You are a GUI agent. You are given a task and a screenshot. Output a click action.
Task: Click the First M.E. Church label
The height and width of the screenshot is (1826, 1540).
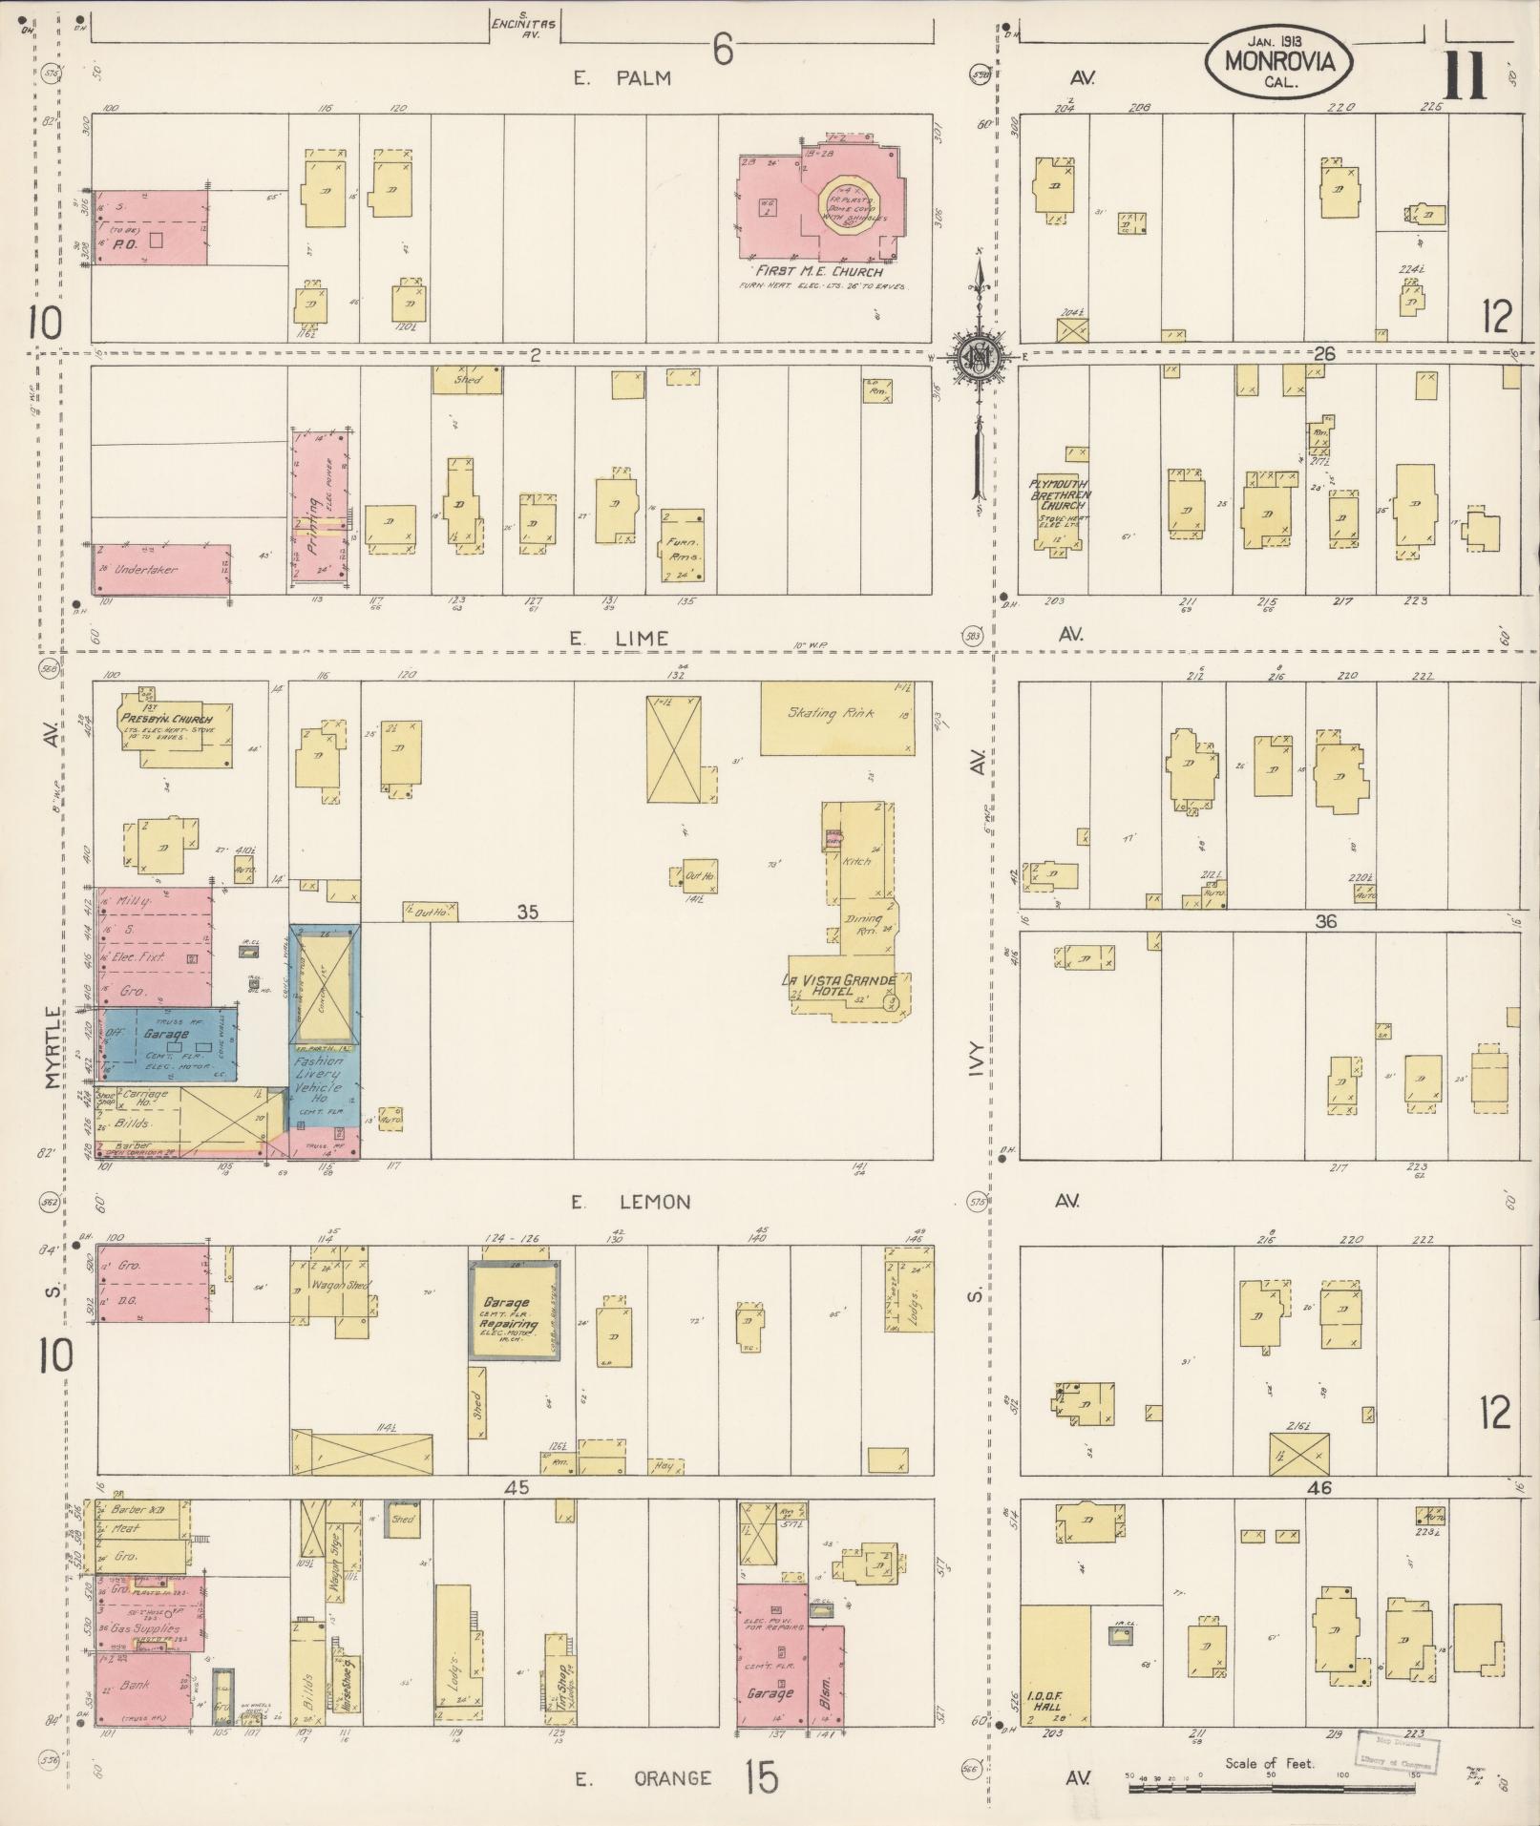820,272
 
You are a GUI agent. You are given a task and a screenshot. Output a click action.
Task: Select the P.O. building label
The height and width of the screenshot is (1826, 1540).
121,243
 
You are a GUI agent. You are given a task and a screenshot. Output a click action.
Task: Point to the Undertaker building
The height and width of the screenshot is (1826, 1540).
146,569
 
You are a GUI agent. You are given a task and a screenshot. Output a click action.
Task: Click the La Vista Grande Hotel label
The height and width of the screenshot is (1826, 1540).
837,986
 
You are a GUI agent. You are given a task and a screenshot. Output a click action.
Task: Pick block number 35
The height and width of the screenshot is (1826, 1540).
527,913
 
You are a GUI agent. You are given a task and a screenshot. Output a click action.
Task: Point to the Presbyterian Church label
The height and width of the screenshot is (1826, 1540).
176,719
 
